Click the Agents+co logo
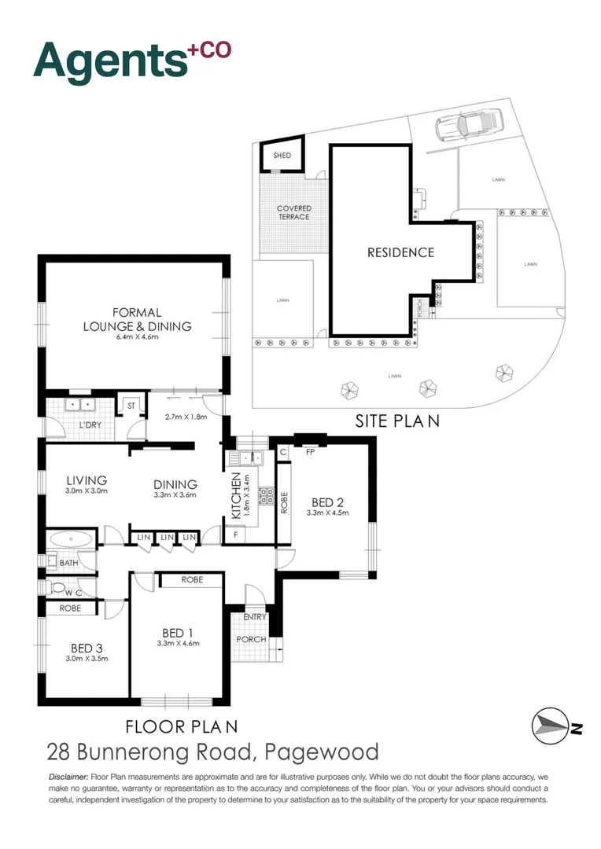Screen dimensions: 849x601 [132, 60]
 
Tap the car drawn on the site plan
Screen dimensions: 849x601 [467, 125]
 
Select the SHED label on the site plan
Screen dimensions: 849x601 [282, 156]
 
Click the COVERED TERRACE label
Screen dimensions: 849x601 [293, 212]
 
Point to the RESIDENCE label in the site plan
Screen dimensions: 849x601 [400, 252]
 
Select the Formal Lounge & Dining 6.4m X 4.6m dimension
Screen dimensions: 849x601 [138, 337]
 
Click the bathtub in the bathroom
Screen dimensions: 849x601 [71, 538]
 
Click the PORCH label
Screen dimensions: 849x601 [251, 639]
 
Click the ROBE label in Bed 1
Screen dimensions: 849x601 [191, 579]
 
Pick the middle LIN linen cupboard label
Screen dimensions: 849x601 [166, 537]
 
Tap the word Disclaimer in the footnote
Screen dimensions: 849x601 [68, 777]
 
